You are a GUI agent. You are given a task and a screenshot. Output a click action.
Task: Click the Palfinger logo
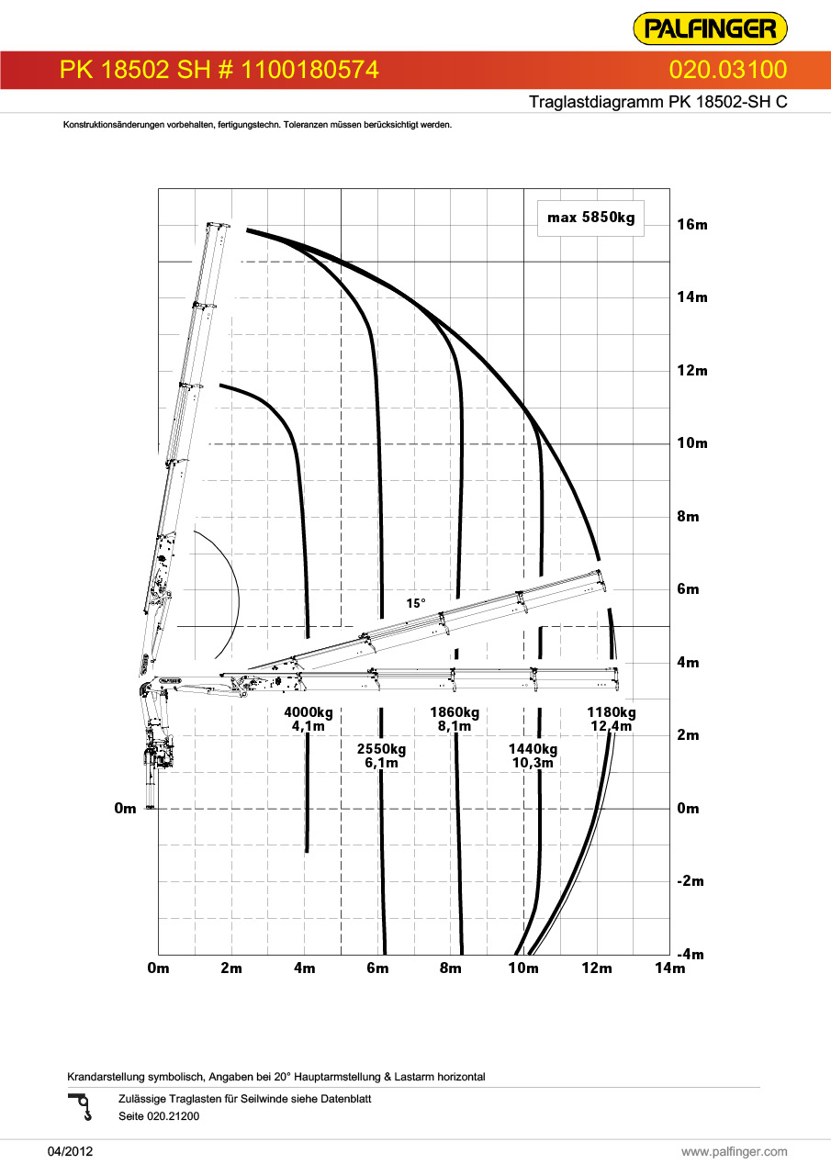coord(710,28)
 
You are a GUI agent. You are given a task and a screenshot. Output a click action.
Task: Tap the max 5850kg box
coord(590,218)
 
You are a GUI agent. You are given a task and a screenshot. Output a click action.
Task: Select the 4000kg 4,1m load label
coord(309,719)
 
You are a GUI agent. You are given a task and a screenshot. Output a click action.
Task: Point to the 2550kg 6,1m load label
coord(381,755)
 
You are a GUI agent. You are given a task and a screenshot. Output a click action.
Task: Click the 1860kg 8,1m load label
coord(455,719)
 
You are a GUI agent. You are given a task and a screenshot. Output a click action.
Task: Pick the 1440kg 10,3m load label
coord(533,755)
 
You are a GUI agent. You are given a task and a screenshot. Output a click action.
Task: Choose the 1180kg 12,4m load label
coord(612,719)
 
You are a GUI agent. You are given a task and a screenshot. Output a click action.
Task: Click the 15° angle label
coord(416,603)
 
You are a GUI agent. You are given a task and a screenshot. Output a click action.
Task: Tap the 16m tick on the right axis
coord(692,225)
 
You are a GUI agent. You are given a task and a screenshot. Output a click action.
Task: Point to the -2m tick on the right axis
coord(691,880)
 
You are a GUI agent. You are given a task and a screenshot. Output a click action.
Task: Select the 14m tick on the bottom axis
coord(670,968)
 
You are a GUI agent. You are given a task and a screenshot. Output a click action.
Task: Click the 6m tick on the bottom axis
coord(377,968)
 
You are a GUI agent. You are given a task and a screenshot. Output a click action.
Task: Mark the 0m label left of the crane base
coord(125,808)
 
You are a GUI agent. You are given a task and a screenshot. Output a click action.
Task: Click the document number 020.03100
coord(727,70)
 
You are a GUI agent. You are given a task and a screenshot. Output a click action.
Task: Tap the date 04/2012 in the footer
coord(71,1151)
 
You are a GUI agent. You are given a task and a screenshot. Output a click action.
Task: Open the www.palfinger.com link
coord(735,1151)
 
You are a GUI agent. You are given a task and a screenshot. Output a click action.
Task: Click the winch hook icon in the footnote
coord(82,1107)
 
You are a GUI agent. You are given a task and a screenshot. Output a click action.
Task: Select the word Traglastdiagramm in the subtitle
coord(596,102)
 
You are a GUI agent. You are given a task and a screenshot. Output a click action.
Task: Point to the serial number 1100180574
coord(309,70)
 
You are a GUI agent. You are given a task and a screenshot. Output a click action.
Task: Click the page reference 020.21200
coord(174,1115)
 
